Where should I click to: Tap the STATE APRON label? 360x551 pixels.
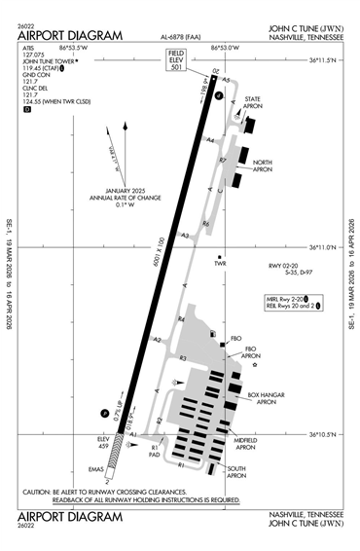coord(253,103)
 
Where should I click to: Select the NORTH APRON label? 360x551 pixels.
coord(262,165)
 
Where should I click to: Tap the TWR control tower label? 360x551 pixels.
coord(220,263)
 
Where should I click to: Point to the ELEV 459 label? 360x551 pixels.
coord(105,443)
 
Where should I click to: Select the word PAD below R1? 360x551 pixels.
coord(154,455)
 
